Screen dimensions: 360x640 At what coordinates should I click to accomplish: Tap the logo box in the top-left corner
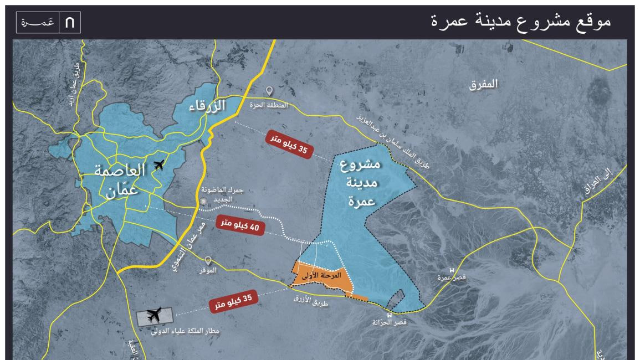click(49, 23)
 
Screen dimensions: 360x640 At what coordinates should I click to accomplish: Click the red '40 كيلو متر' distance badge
click(240, 224)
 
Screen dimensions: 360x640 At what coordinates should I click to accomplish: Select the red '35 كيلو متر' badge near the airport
click(234, 302)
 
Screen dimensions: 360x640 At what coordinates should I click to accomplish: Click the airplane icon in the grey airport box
click(155, 316)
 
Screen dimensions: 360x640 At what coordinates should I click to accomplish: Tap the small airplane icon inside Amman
click(160, 164)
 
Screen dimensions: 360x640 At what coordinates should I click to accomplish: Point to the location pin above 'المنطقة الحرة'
click(270, 91)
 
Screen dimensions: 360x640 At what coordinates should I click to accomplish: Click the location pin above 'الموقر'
click(208, 260)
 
